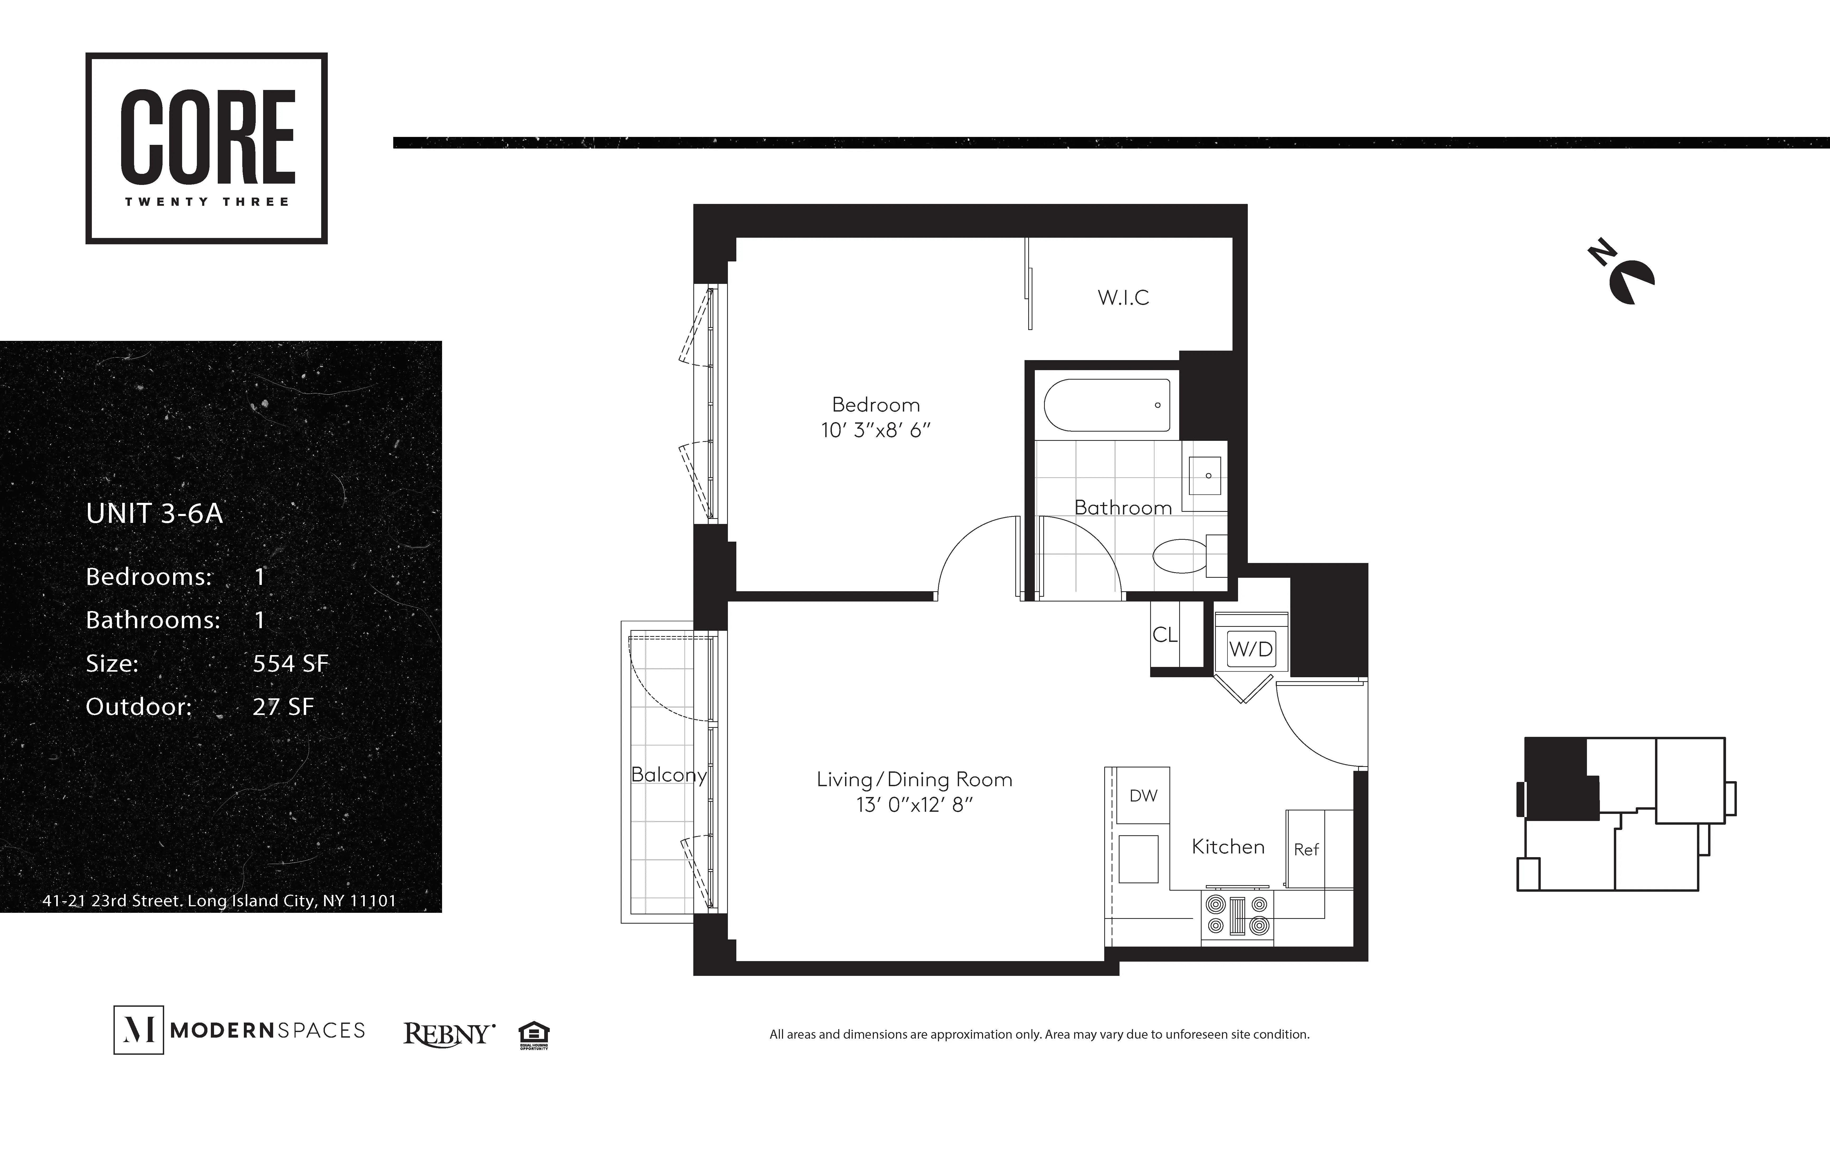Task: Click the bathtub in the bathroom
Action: pyautogui.click(x=1107, y=405)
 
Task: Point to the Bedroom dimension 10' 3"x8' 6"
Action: pyautogui.click(x=875, y=430)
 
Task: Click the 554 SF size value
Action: pyautogui.click(x=290, y=663)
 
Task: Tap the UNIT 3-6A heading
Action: pyautogui.click(x=154, y=514)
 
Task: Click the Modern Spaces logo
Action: pyautogui.click(x=239, y=1030)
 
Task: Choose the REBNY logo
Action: pyautogui.click(x=448, y=1033)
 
